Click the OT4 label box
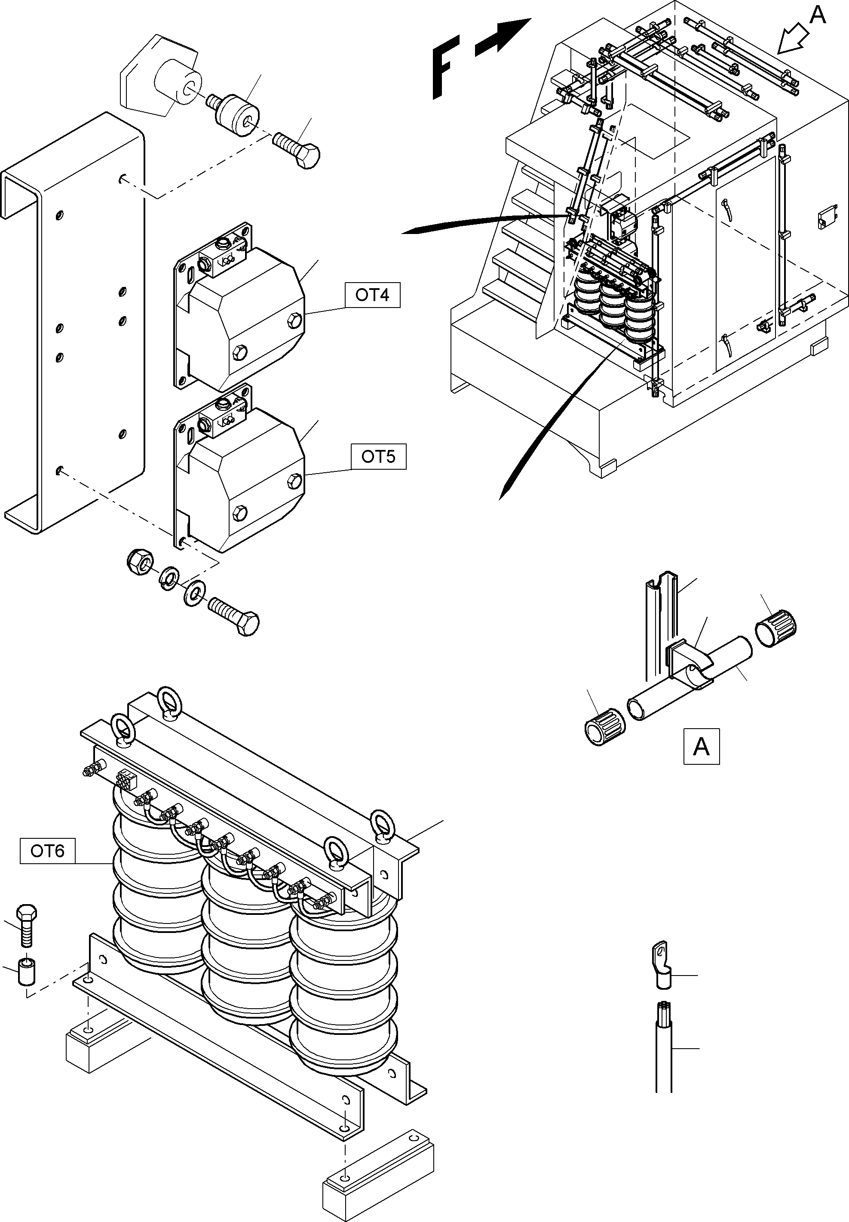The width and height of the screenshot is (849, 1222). (372, 295)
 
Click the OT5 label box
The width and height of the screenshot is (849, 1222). (378, 457)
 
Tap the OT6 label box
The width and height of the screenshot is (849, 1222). (47, 851)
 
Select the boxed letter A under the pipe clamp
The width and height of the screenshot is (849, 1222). (701, 747)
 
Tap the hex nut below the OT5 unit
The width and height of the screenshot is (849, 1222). (140, 561)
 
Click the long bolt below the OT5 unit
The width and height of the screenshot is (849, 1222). (234, 616)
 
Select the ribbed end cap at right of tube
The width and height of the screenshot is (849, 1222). (776, 628)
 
